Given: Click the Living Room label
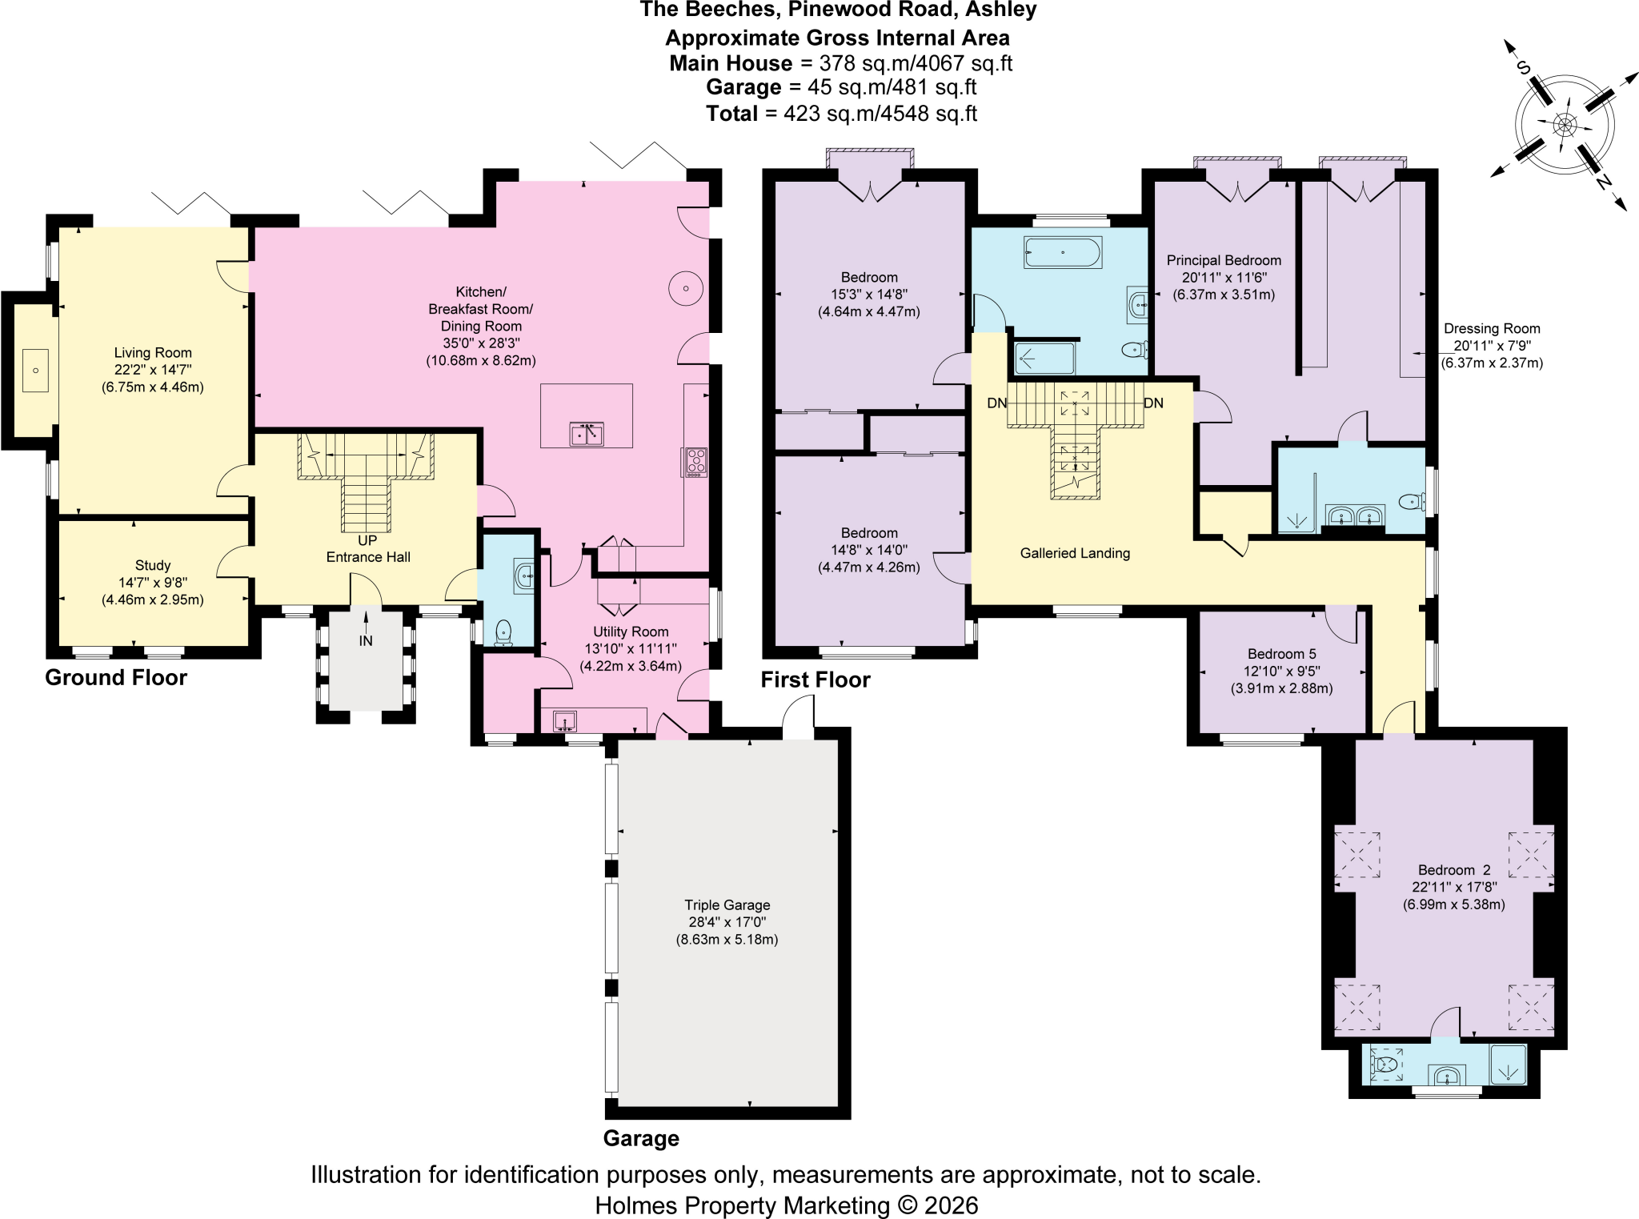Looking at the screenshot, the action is click(153, 353).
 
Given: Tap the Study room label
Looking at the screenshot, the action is click(153, 565).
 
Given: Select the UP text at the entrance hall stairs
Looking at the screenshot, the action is click(367, 540).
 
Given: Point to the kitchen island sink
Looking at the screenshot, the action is click(587, 434).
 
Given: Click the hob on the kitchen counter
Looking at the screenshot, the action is click(695, 463).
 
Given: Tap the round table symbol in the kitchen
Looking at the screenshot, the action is click(686, 288).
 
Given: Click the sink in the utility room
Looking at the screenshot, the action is click(565, 720).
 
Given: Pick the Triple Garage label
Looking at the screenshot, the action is click(727, 904).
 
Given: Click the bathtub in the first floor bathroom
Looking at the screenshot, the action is click(1063, 252).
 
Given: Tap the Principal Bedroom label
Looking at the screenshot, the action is click(1224, 260).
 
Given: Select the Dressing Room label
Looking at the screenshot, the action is click(1492, 328).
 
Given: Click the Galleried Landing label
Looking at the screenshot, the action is click(1075, 553).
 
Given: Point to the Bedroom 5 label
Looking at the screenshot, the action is click(1281, 654).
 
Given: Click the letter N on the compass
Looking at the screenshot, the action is click(1603, 182).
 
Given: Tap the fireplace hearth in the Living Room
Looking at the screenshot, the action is click(35, 371).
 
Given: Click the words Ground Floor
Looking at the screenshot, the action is click(116, 677).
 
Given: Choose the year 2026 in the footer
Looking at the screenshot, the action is click(951, 1205).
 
